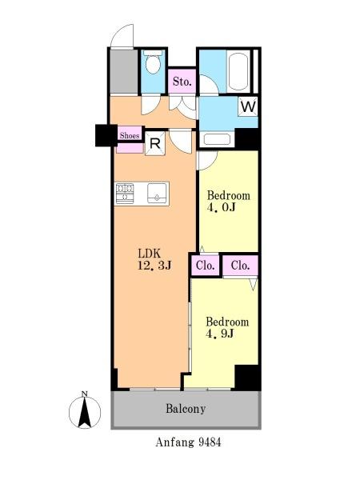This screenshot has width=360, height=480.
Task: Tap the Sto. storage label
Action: [x=182, y=82]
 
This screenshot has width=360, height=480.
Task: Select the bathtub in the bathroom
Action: [x=238, y=72]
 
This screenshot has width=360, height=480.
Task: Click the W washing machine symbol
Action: [x=248, y=106]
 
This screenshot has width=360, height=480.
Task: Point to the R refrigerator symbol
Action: [x=155, y=143]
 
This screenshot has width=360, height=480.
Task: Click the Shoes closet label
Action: [x=130, y=135]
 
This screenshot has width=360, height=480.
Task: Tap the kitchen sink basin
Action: [x=158, y=194]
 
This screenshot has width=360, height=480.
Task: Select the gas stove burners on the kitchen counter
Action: [x=125, y=194]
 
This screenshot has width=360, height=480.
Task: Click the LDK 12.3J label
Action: [x=154, y=259]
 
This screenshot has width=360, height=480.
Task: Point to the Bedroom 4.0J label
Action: [x=228, y=202]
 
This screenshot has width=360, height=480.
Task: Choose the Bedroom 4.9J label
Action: [x=227, y=327]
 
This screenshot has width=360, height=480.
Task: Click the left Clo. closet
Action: [x=205, y=265]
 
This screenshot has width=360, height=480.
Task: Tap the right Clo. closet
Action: [x=240, y=265]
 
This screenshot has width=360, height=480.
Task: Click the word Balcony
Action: [x=186, y=409]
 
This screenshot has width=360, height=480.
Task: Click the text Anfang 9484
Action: [x=188, y=442]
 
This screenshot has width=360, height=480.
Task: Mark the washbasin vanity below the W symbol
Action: [x=217, y=139]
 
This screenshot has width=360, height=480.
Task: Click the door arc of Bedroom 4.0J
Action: [x=209, y=161]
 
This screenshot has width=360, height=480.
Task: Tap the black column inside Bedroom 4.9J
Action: [x=247, y=377]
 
